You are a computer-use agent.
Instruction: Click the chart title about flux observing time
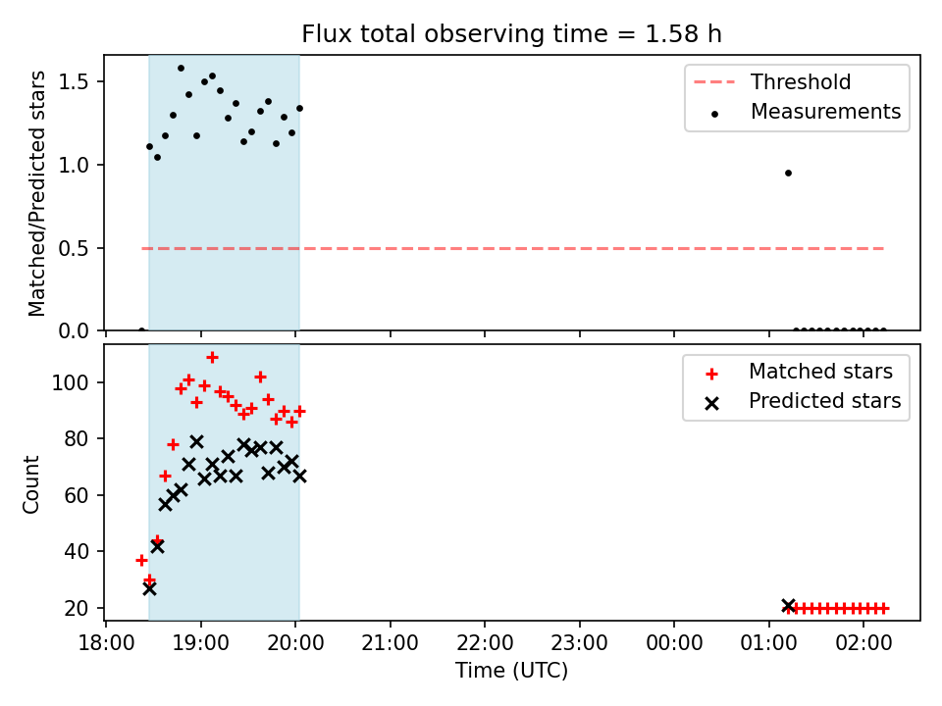click(x=511, y=34)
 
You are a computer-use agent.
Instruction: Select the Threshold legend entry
click(x=772, y=82)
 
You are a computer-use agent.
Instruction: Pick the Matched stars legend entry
click(x=799, y=372)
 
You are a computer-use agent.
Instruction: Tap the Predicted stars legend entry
click(x=804, y=401)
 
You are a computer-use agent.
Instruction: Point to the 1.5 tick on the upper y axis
click(x=74, y=81)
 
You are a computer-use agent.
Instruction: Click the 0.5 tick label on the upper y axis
click(x=74, y=248)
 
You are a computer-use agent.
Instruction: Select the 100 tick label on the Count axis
click(x=70, y=382)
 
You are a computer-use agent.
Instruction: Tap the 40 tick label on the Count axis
click(x=77, y=551)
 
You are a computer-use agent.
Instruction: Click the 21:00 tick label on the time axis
click(x=391, y=643)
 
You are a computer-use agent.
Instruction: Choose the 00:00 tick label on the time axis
click(x=674, y=643)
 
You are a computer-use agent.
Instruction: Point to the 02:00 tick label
click(x=863, y=643)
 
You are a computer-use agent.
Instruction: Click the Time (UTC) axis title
click(x=511, y=670)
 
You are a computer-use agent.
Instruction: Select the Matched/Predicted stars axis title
click(x=36, y=193)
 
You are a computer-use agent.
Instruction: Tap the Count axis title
click(x=30, y=484)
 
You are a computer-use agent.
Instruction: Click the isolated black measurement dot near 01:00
click(x=788, y=173)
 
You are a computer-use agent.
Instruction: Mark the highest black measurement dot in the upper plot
click(x=181, y=69)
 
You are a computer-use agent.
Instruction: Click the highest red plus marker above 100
click(x=212, y=358)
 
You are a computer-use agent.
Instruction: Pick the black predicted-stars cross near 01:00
click(x=788, y=606)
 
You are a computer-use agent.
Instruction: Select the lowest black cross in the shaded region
click(x=149, y=589)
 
